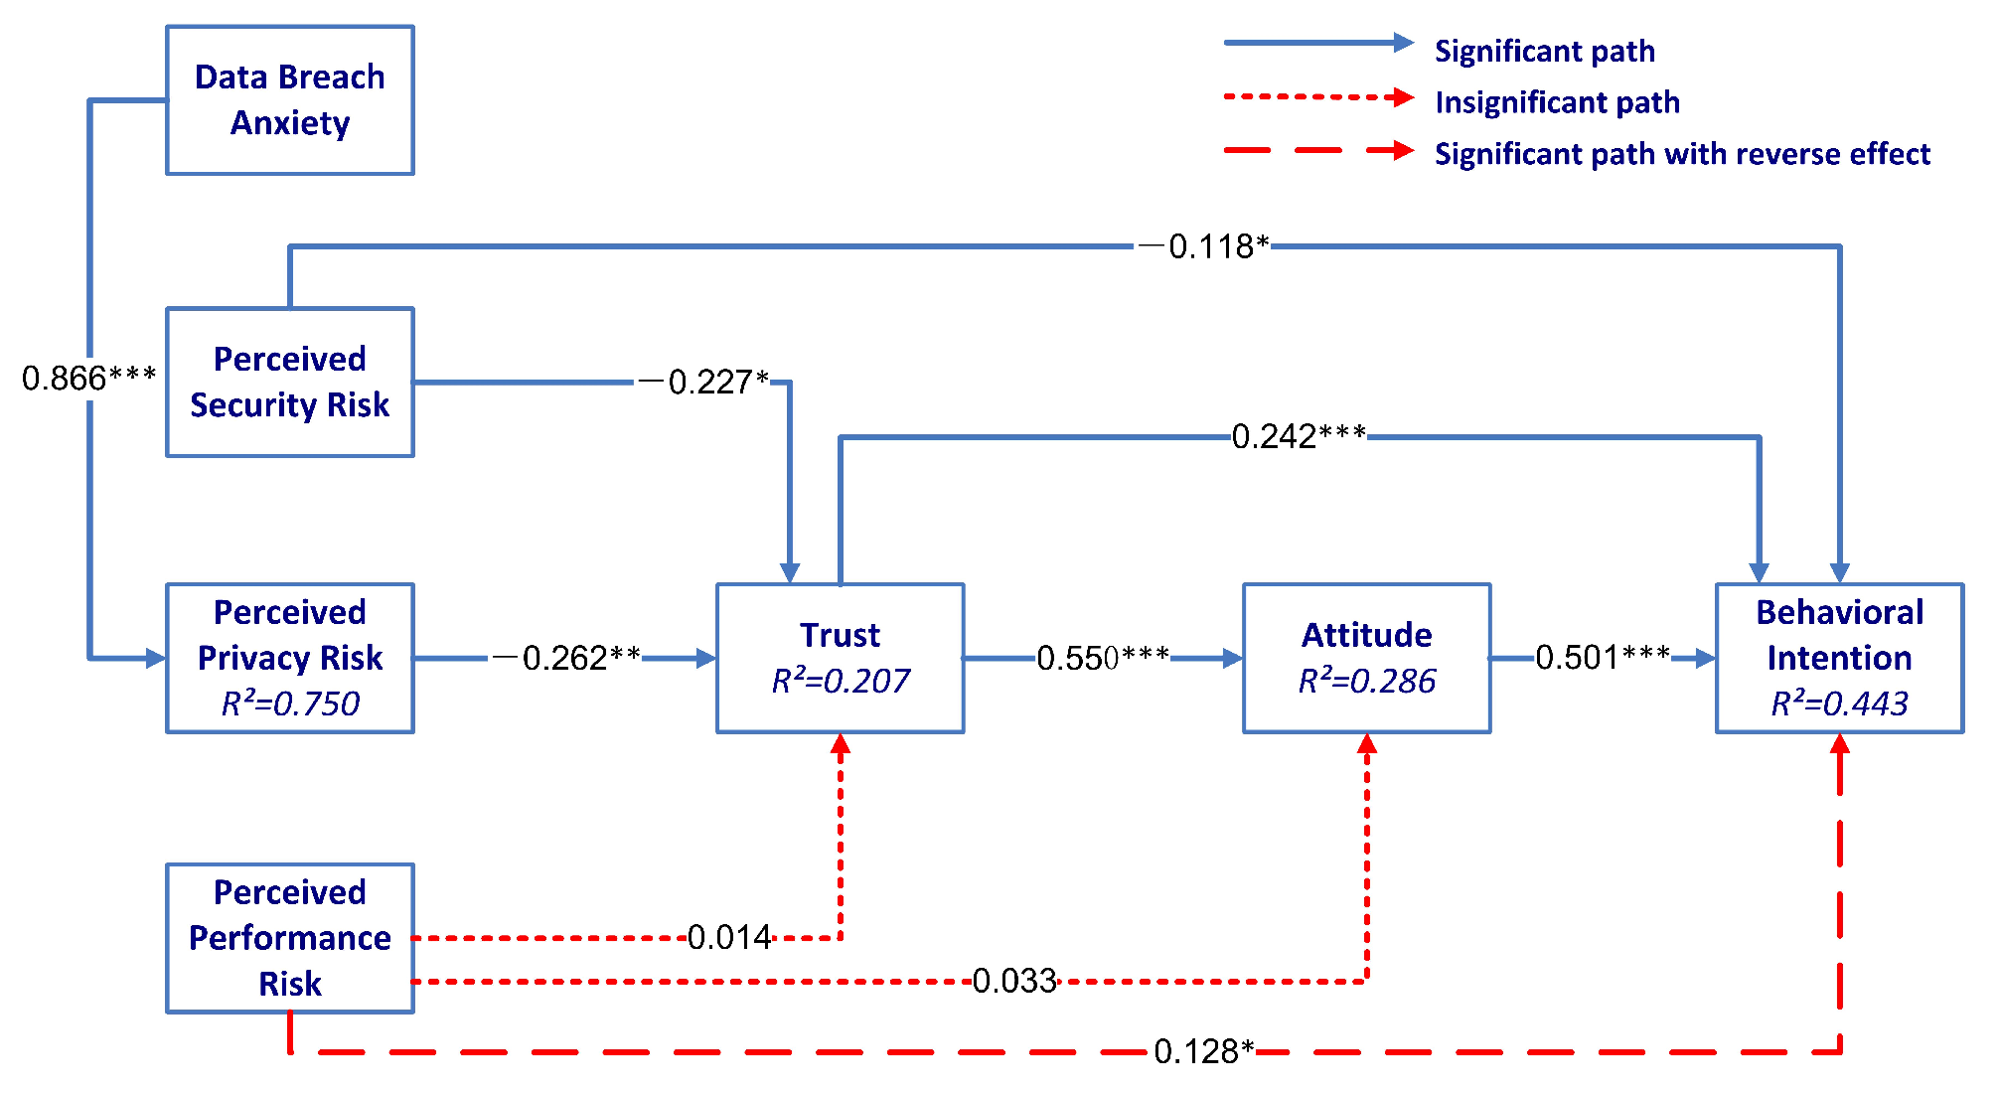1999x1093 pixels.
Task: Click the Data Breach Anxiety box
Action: (x=289, y=100)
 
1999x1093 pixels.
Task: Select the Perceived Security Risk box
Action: (x=289, y=382)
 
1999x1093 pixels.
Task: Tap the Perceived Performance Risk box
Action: (x=289, y=937)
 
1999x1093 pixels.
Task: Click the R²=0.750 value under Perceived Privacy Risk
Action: (x=289, y=703)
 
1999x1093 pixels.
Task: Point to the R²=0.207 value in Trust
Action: (x=840, y=681)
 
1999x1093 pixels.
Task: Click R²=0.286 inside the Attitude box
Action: (x=1366, y=681)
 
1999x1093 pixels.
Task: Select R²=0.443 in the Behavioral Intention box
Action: (x=1839, y=703)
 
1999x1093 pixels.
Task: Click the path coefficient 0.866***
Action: (x=88, y=378)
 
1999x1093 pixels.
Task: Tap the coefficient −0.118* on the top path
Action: (x=1203, y=246)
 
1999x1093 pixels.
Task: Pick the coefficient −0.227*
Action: (x=703, y=382)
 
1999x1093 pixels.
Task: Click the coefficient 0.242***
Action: (x=1299, y=436)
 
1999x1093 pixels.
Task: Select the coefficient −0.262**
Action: (x=566, y=658)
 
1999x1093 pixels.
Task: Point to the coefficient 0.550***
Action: (x=1103, y=658)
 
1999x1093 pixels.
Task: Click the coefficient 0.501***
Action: (x=1603, y=657)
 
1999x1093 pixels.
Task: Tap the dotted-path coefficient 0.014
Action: (x=729, y=937)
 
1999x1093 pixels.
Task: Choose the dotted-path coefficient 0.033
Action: (x=1013, y=981)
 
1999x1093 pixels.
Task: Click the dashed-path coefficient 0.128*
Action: (x=1203, y=1051)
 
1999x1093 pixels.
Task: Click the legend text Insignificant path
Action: (x=1557, y=102)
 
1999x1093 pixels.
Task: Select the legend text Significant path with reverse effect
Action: (x=1682, y=154)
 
